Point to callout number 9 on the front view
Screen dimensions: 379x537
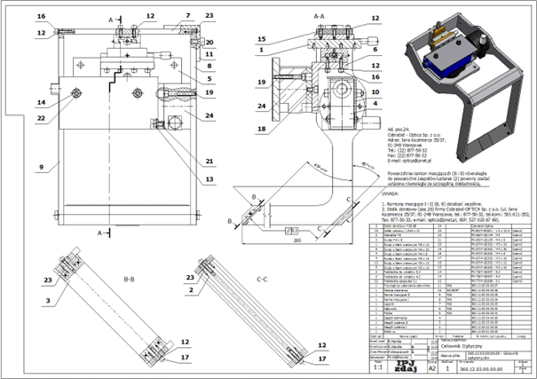point(41,167)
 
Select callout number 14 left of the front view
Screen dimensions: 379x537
point(41,103)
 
